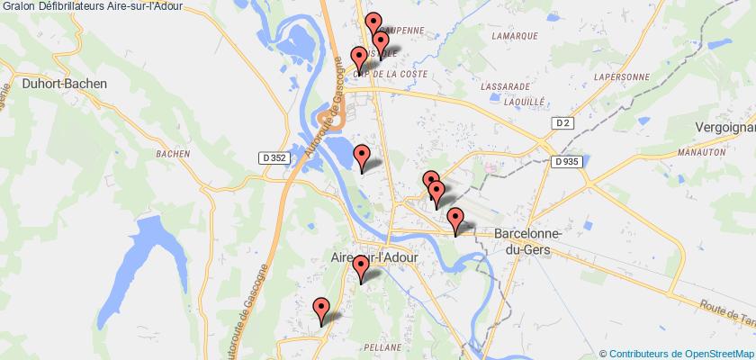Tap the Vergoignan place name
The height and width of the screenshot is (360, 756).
(x=724, y=129)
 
